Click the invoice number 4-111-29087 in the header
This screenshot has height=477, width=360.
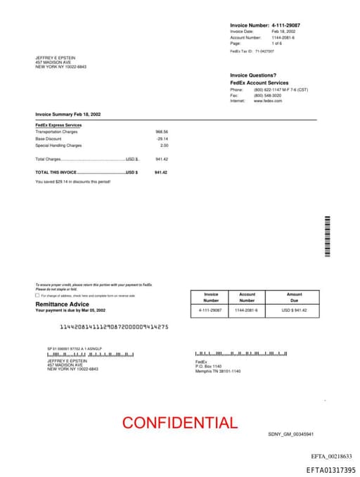pos(285,25)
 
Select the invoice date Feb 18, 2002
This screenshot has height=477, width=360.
pos(283,32)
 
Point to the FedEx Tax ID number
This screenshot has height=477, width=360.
pos(264,51)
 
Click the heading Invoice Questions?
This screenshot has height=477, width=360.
pos(253,75)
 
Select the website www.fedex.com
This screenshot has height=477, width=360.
pos(268,101)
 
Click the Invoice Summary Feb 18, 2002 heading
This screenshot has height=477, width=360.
pos(68,114)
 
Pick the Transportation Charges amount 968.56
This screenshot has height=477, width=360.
pos(162,132)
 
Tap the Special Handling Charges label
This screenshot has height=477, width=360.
pos(58,145)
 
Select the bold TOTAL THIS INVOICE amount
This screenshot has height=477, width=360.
pos(161,172)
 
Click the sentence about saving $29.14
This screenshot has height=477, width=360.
pos(72,182)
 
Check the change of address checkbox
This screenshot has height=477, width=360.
pos(37,295)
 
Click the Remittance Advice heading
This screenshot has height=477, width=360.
pos(63,304)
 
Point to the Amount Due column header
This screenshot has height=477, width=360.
pos(294,297)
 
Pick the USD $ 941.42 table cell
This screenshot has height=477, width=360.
pos(294,310)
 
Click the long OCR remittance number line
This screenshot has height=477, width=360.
pos(114,326)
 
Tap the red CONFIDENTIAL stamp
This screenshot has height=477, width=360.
pos(180,423)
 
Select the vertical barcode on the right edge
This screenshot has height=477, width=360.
pos(326,237)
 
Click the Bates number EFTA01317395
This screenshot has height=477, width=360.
pos(330,470)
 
